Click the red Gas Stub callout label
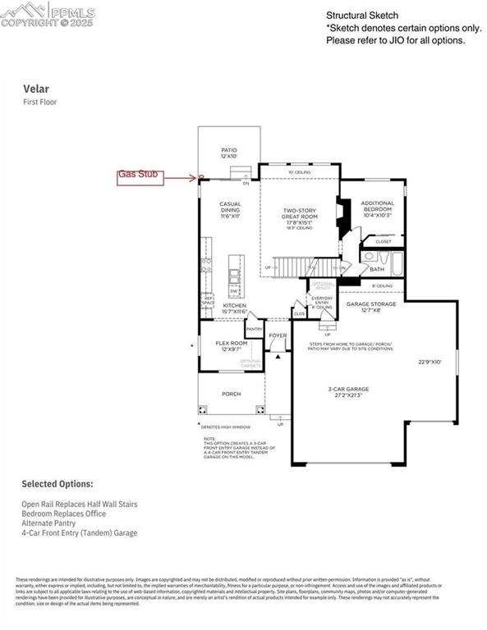[x=142, y=175]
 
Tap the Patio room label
[x=229, y=153]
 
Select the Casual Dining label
[x=229, y=210]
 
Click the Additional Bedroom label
[x=378, y=208]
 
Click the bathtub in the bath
[x=397, y=263]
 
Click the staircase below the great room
[x=296, y=267]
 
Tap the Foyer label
[x=278, y=336]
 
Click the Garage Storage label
[x=370, y=307]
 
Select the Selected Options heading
[x=57, y=484]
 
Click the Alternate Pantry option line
[x=49, y=523]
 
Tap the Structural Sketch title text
[x=362, y=15]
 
